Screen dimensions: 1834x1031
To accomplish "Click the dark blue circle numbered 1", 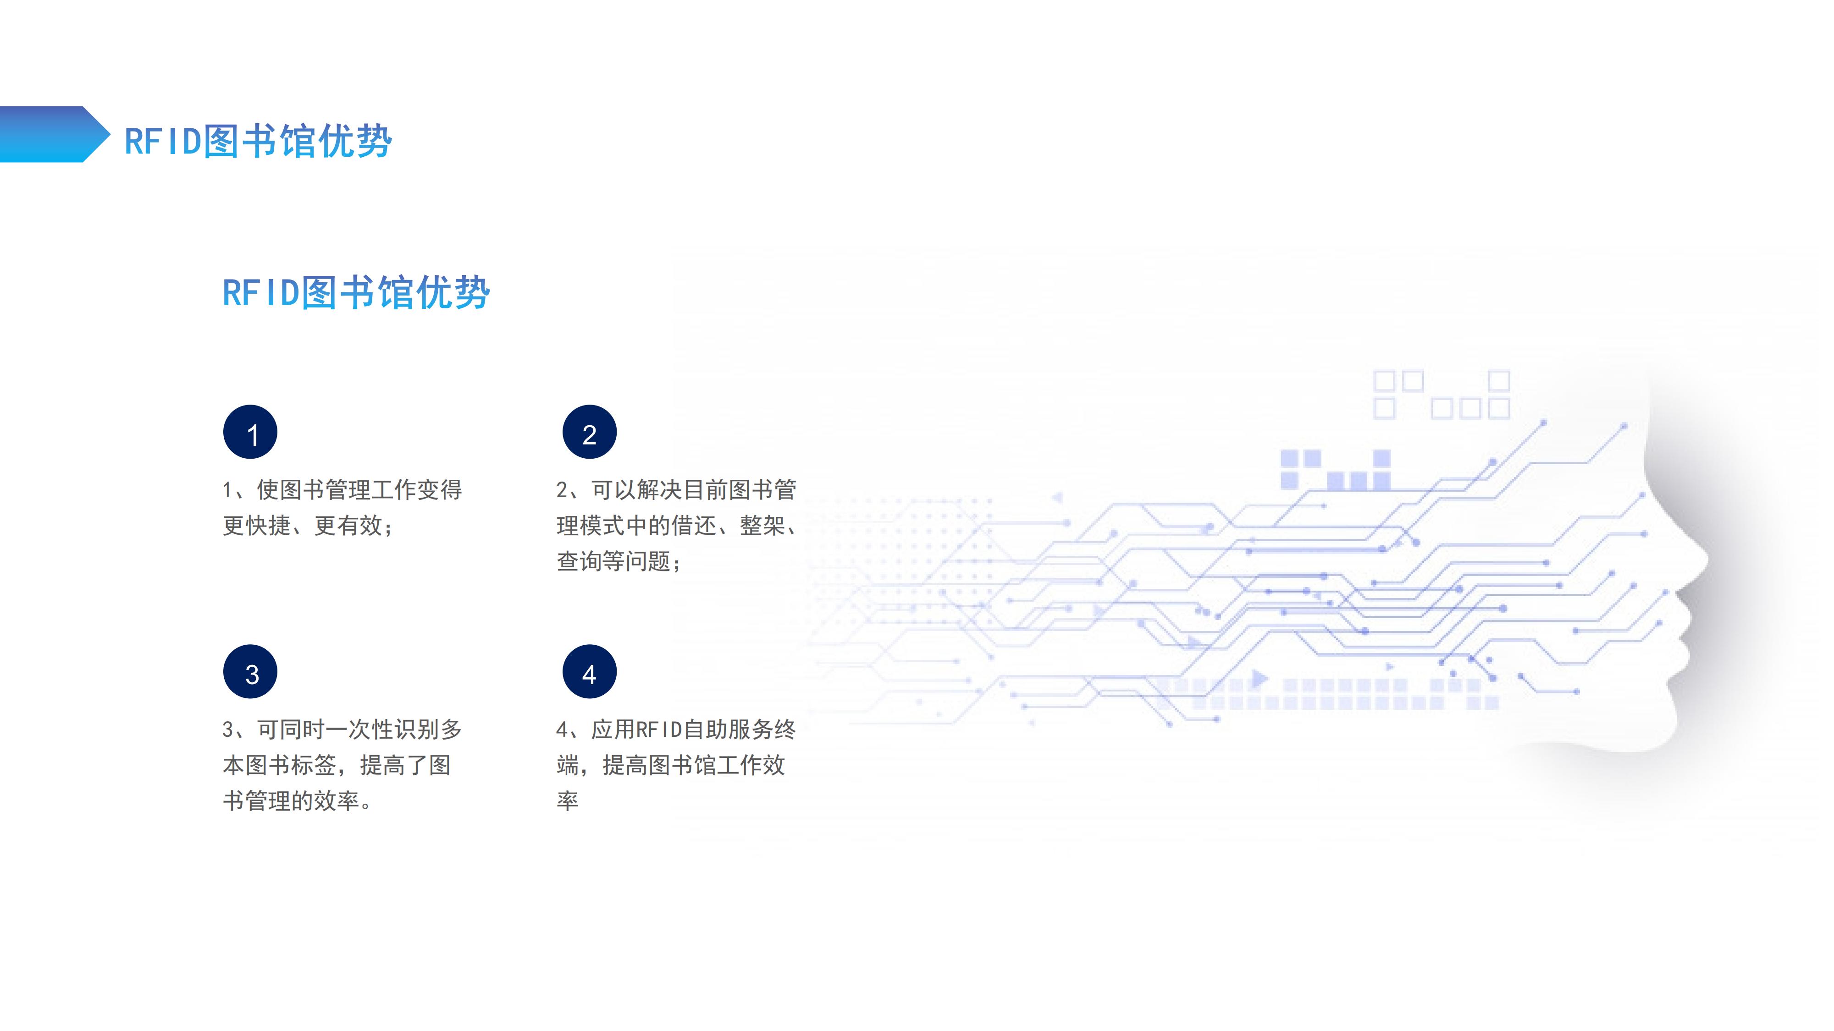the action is [250, 432].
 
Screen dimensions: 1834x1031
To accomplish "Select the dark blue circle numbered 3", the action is [250, 672].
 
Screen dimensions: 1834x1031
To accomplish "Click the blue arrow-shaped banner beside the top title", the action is [55, 134].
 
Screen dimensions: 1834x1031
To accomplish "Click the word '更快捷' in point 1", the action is [257, 526].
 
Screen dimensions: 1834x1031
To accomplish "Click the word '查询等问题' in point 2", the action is [614, 561].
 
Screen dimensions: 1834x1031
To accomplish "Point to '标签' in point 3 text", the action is [314, 766].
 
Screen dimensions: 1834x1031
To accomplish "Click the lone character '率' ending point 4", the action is [568, 801].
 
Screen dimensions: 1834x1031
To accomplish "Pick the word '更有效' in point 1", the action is [349, 526].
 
